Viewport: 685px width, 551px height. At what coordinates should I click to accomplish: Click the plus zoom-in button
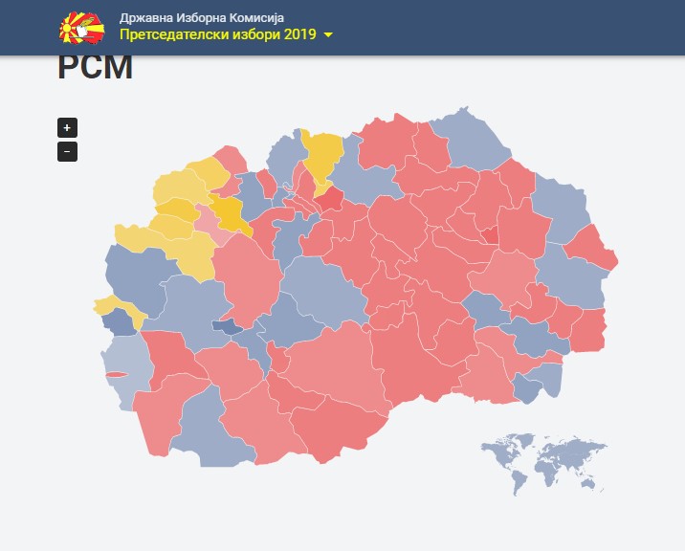(x=67, y=127)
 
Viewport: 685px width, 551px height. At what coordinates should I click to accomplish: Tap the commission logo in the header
(x=81, y=28)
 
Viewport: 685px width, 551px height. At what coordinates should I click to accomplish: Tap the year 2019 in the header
(x=299, y=34)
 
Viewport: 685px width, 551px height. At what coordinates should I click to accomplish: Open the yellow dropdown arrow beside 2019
(x=328, y=35)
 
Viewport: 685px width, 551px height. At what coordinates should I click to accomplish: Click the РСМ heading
(x=95, y=69)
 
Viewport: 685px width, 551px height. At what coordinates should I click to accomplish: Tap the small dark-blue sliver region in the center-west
(x=228, y=326)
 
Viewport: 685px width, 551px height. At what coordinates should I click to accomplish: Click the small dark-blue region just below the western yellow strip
(x=120, y=321)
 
